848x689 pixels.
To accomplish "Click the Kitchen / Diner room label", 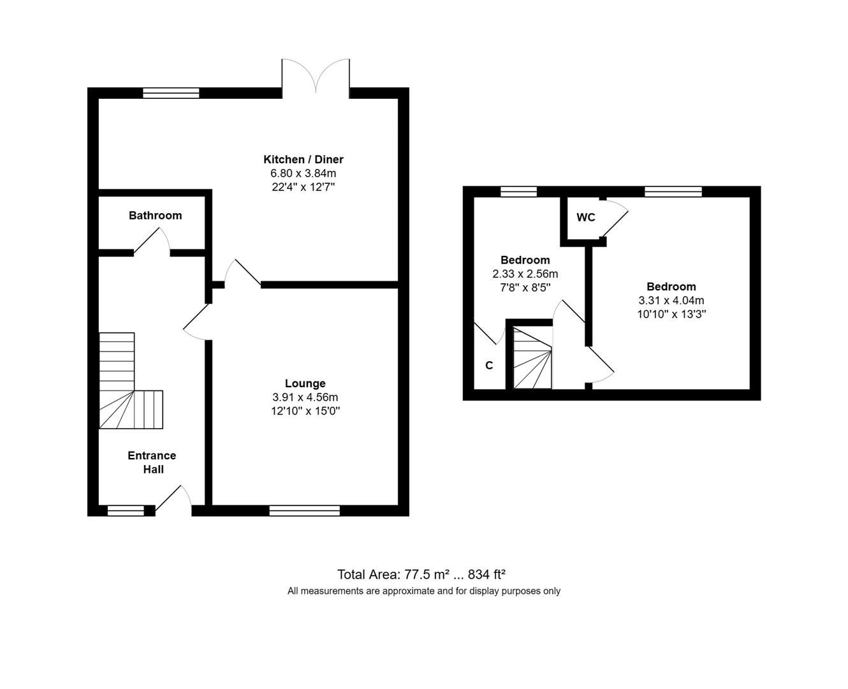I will (x=303, y=159).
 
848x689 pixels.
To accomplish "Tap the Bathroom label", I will (x=155, y=216).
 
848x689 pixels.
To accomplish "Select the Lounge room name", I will (x=305, y=383).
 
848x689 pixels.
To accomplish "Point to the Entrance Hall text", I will (x=152, y=463).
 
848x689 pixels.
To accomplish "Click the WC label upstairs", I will (x=585, y=218).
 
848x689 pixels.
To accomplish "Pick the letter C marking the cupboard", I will (x=489, y=366).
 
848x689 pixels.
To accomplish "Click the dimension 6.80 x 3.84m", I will (x=303, y=174).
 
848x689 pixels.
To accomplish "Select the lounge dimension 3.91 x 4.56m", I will (x=305, y=397).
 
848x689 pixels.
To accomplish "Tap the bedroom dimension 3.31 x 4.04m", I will (x=671, y=300).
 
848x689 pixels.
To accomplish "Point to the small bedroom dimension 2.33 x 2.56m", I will (x=525, y=274).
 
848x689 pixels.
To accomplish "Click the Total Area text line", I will (x=421, y=574).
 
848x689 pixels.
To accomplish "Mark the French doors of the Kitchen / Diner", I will (x=316, y=77).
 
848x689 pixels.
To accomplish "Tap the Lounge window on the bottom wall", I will (x=304, y=510).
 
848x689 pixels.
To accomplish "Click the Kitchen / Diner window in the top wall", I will (x=171, y=93).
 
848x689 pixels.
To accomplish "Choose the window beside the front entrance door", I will (x=126, y=510).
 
